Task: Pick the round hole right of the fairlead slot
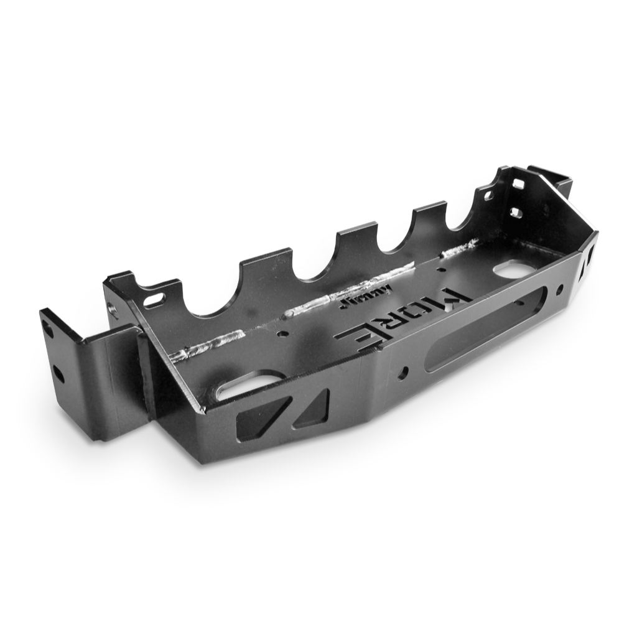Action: pos(560,289)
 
